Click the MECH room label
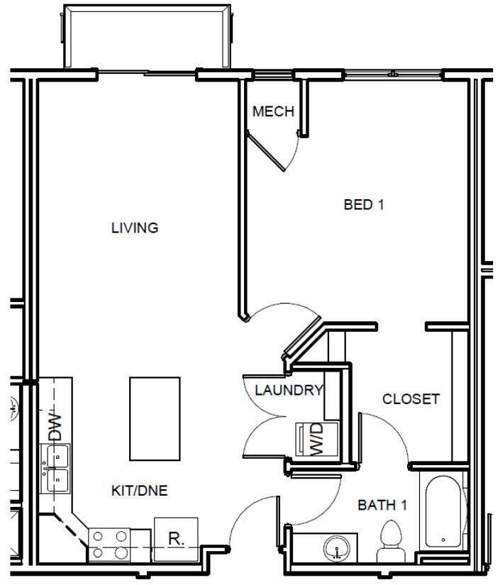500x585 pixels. point(273,112)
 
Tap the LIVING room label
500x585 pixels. point(134,228)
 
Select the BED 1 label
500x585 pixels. point(363,205)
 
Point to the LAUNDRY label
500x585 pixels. point(289,389)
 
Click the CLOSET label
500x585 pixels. point(411,399)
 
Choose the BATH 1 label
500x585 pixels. point(382,506)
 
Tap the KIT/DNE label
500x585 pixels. point(139,490)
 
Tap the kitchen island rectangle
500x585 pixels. point(154,418)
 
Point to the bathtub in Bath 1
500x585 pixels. point(443,512)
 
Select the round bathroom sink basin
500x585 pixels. point(335,548)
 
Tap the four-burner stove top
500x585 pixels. point(111,543)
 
